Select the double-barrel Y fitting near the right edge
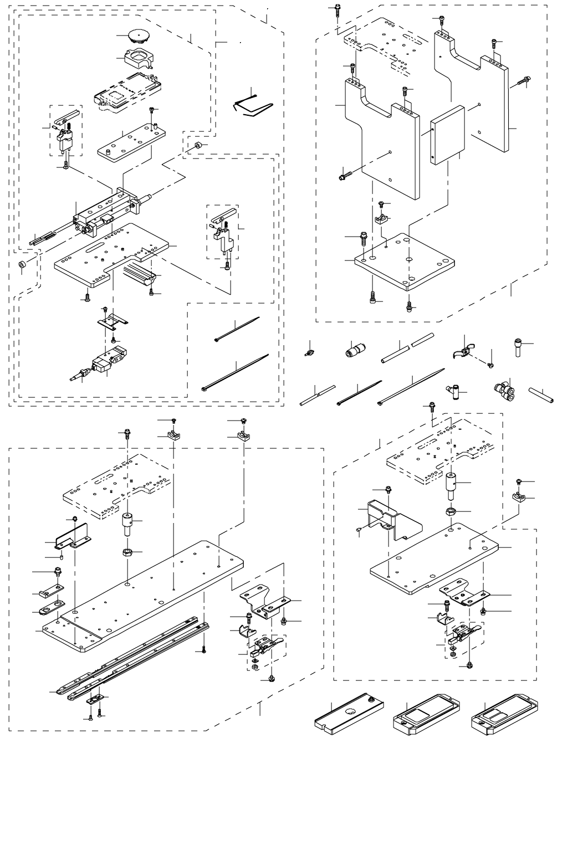[503, 391]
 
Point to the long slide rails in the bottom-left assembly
[133, 659]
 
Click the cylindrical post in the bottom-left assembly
[129, 523]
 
